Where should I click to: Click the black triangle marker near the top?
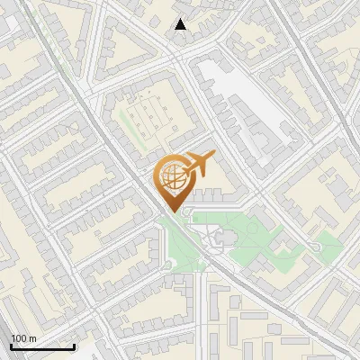tap(181, 24)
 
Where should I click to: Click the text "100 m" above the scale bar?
tap(23, 338)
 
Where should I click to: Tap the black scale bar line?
tap(42, 346)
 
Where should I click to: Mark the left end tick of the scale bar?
tap(11, 346)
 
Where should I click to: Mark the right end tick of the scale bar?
tap(74, 346)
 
